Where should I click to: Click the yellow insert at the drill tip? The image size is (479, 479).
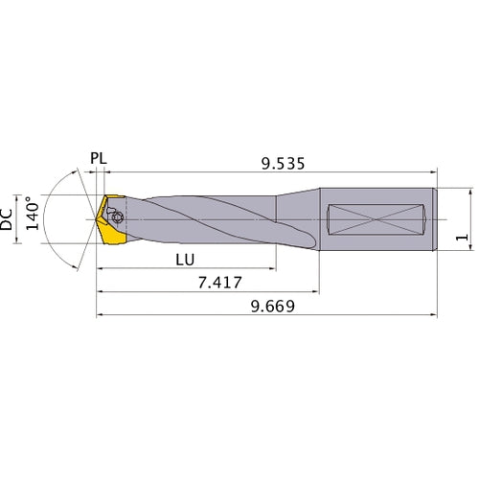tap(110, 222)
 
